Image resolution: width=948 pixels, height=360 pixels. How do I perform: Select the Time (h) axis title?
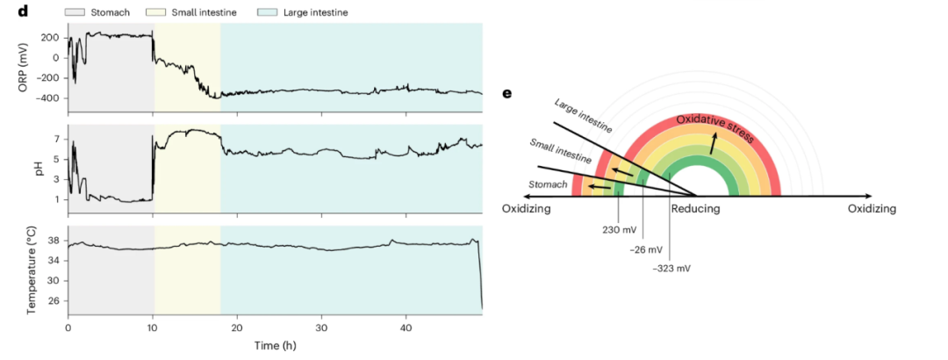point(274,347)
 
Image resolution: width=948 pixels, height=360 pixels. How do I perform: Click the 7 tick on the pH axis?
point(55,139)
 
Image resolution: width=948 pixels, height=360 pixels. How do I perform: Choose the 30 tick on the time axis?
point(321,328)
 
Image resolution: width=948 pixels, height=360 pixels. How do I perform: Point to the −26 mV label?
point(648,248)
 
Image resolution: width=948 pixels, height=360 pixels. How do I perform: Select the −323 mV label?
point(671,267)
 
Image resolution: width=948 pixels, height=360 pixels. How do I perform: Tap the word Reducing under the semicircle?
point(696,209)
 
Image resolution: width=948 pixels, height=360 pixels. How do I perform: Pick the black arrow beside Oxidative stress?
point(713,143)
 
